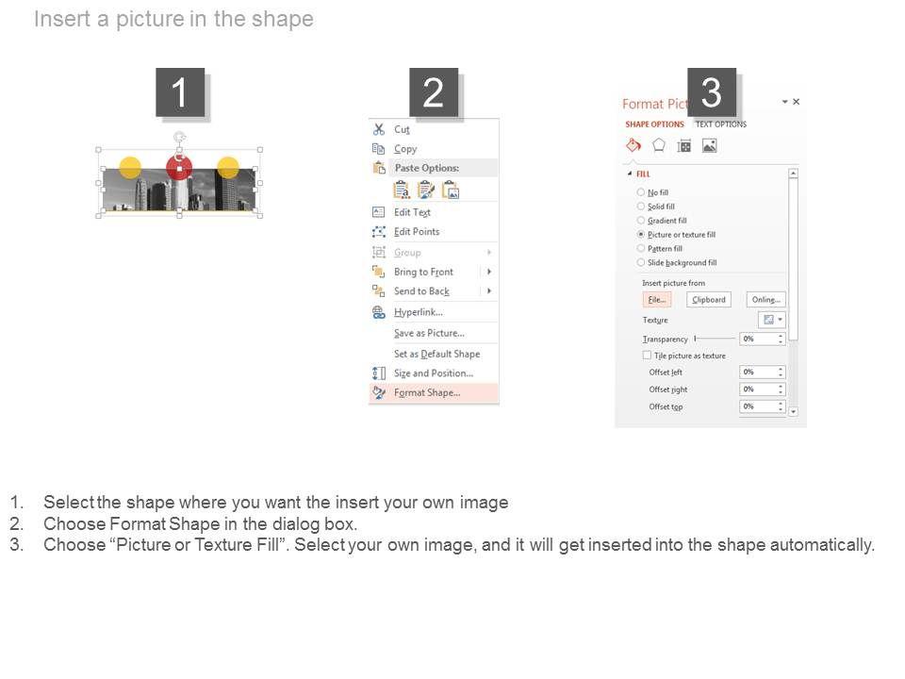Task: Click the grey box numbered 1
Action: pos(180,92)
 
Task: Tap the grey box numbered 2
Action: pos(434,92)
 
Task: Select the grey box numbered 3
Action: pos(711,92)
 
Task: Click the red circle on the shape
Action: pos(179,168)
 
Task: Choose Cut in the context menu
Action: pos(402,129)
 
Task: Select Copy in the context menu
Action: pos(405,149)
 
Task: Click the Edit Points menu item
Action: pos(417,232)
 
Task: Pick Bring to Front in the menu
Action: pos(423,272)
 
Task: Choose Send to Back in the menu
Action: pos(421,291)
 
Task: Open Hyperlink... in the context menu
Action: pos(418,312)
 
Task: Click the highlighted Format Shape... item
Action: pos(427,392)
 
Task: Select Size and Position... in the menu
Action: pos(434,373)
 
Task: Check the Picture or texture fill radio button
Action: pos(641,235)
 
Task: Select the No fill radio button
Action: pos(641,192)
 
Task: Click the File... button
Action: pos(657,299)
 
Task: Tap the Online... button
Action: pos(765,299)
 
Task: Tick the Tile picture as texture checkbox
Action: pos(647,356)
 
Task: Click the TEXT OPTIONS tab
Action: pos(721,124)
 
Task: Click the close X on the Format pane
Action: pos(797,102)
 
